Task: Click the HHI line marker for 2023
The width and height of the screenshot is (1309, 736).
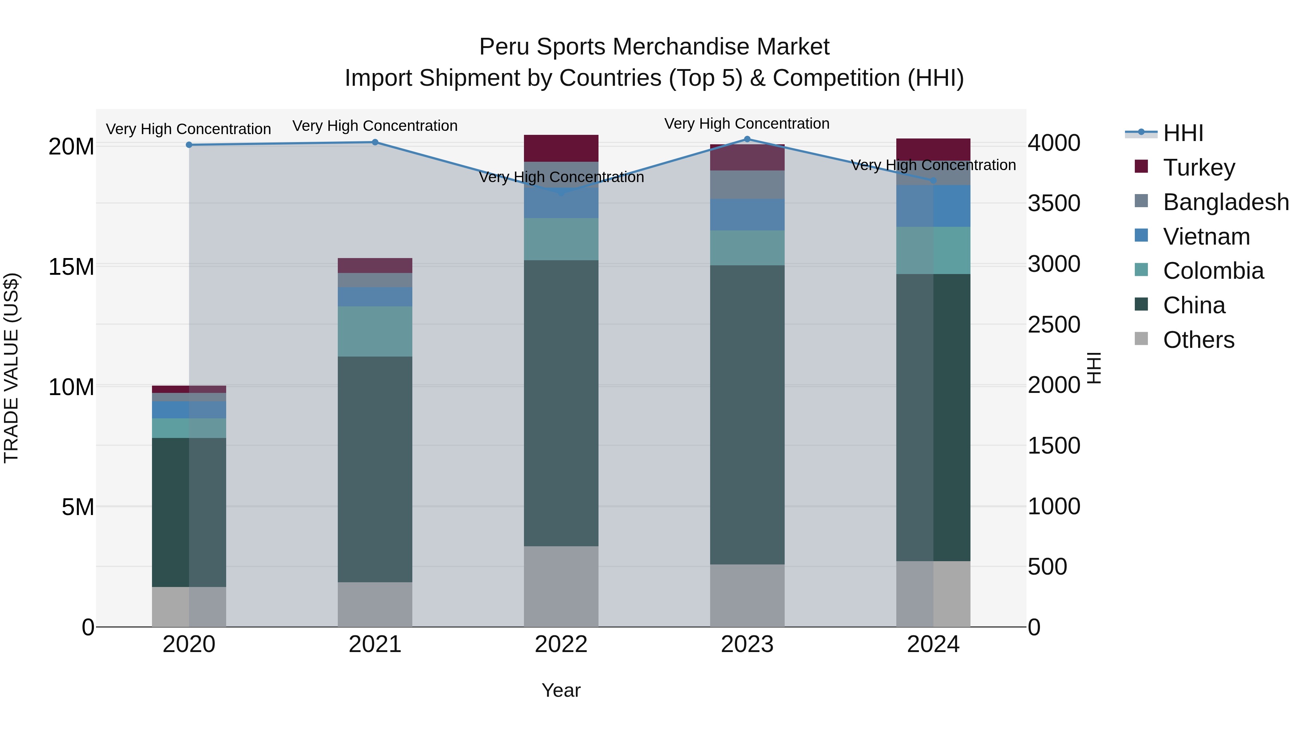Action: pos(747,139)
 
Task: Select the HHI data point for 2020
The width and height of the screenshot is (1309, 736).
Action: pos(189,145)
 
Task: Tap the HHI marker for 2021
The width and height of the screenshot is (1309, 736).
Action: pos(375,142)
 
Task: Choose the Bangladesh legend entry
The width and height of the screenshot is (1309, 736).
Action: pos(1225,202)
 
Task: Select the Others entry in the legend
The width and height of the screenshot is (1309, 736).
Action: pos(1198,340)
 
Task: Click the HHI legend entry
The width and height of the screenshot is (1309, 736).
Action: pos(1182,133)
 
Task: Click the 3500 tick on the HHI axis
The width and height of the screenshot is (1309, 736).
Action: pos(1054,203)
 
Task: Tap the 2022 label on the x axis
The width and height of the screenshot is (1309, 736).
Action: pos(561,644)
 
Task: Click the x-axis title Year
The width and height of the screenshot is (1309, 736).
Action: pos(561,690)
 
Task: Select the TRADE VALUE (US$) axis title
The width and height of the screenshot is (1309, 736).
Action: pos(11,368)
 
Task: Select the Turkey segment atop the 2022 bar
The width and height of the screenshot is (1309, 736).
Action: pos(561,148)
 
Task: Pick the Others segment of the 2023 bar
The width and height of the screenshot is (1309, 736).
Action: pos(747,595)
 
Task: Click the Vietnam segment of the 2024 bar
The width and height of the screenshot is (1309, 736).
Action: pos(933,206)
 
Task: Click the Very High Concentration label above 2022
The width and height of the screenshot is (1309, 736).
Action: pos(561,177)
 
